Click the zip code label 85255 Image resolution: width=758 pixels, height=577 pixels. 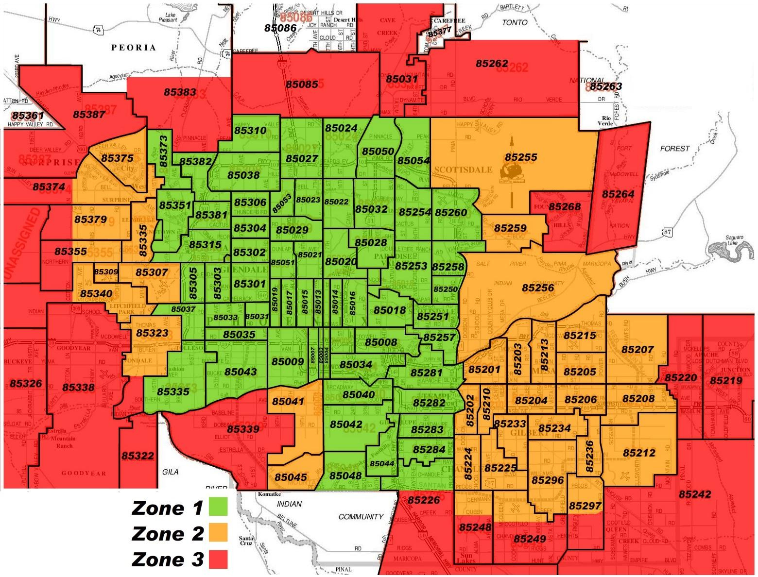(520, 157)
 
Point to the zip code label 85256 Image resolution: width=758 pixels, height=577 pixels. (538, 288)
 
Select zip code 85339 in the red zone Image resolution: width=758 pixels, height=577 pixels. (243, 429)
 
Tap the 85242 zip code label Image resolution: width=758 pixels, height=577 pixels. (695, 494)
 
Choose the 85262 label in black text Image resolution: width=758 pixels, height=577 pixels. (492, 64)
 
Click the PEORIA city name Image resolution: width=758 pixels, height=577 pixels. (134, 47)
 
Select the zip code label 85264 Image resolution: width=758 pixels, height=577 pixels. (618, 194)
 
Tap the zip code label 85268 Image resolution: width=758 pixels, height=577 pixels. (564, 207)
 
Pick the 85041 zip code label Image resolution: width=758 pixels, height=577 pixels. (288, 402)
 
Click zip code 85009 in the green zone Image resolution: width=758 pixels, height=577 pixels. (288, 361)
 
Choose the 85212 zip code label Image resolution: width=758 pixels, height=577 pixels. (639, 453)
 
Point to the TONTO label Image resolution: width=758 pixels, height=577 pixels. (515, 22)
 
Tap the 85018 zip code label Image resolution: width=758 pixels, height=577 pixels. (389, 310)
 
